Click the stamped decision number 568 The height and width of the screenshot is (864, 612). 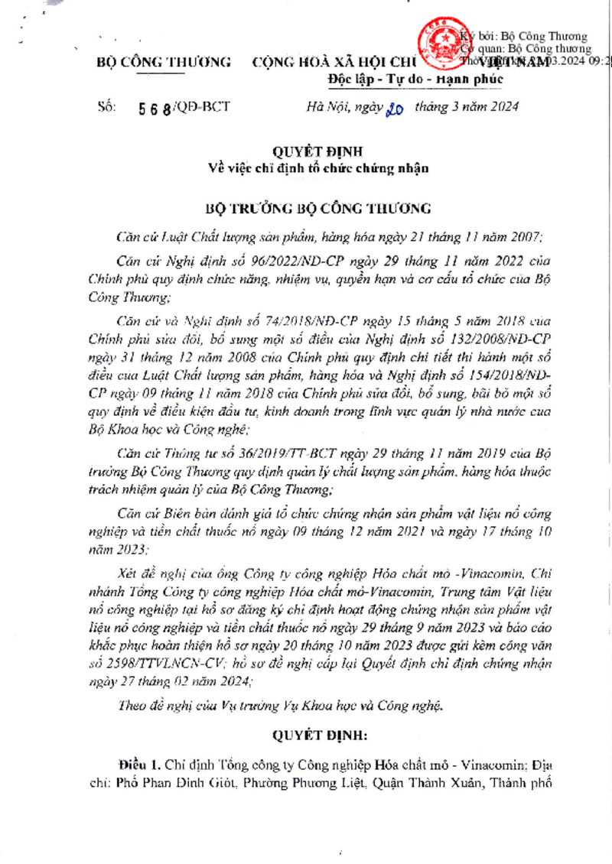(154, 108)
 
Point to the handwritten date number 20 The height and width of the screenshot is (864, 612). (396, 108)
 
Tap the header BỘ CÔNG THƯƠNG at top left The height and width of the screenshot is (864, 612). (164, 62)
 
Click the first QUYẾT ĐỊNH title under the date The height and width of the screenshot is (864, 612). (319, 151)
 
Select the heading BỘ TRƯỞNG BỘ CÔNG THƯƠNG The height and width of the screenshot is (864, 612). (320, 207)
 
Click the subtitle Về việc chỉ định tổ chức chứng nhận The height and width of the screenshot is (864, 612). (319, 167)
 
